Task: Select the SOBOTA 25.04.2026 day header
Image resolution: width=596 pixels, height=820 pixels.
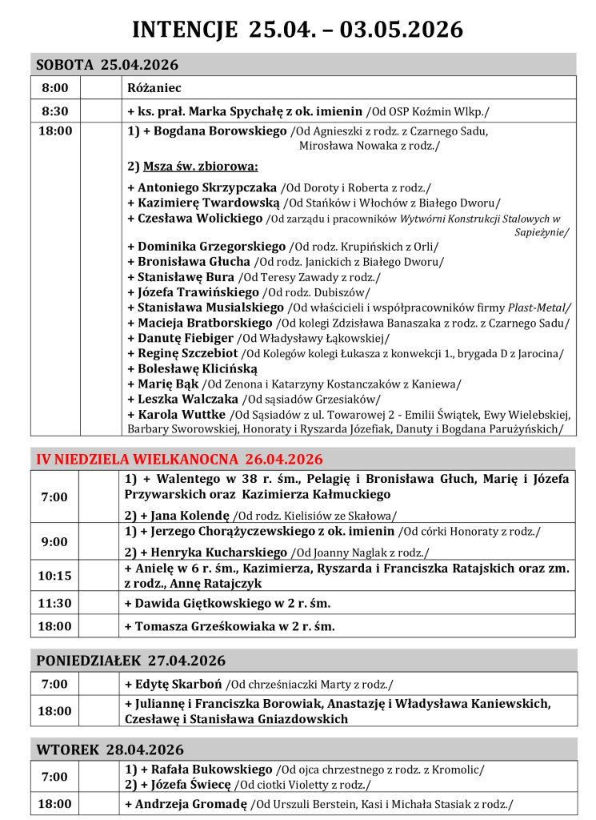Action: click(x=108, y=64)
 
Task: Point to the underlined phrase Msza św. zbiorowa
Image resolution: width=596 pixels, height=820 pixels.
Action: click(x=201, y=167)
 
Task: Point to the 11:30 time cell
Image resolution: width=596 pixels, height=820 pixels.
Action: click(x=54, y=603)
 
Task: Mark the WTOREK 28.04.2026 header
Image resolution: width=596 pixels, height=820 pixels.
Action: click(x=110, y=750)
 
